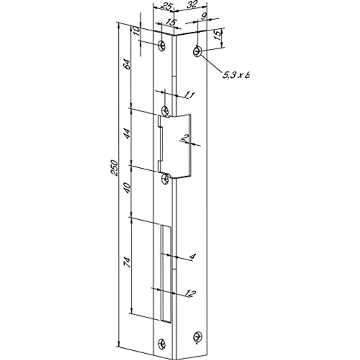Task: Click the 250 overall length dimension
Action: click(x=114, y=168)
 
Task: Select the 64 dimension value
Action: click(x=127, y=64)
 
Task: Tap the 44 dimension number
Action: click(x=127, y=134)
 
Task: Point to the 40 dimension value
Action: click(x=127, y=187)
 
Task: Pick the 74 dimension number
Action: click(x=127, y=262)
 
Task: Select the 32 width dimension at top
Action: click(x=192, y=4)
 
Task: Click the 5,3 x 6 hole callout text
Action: click(x=236, y=75)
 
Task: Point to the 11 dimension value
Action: click(x=190, y=94)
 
